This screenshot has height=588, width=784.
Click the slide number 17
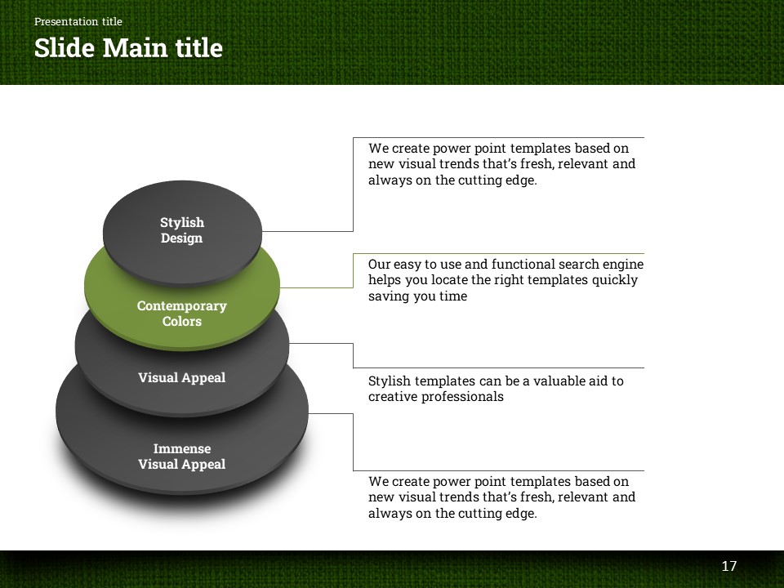tap(729, 566)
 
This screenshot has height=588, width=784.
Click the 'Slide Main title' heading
tap(128, 48)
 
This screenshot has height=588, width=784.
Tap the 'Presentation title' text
tap(78, 22)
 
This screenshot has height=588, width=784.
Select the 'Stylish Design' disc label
tap(181, 230)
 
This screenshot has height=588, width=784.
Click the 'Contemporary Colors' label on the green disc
tap(181, 314)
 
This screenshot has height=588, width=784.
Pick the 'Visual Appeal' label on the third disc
tap(181, 377)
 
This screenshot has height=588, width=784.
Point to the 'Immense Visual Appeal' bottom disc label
tap(181, 457)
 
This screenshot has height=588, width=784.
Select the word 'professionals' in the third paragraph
tap(462, 397)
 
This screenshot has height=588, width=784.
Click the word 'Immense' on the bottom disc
tap(181, 448)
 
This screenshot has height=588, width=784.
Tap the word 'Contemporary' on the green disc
tap(181, 305)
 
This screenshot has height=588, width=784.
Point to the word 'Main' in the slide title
tap(139, 48)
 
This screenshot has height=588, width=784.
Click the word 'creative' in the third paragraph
tap(394, 397)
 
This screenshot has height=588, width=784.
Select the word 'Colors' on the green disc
tap(181, 321)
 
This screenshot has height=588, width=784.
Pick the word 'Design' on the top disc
tap(181, 238)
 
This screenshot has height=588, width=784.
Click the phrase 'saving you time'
tap(417, 296)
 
